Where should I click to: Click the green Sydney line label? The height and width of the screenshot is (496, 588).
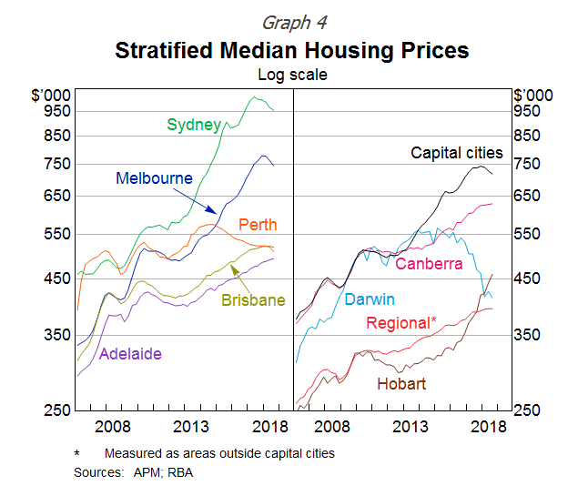tap(194, 125)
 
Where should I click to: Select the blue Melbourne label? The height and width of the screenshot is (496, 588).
tap(154, 178)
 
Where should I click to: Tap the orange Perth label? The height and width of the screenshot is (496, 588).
tap(258, 225)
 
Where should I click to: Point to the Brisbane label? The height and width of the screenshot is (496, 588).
tap(253, 300)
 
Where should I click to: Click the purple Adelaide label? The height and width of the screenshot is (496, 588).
tap(131, 354)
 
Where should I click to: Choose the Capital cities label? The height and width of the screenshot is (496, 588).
tap(457, 153)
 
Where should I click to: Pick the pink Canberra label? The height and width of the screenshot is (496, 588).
tap(429, 264)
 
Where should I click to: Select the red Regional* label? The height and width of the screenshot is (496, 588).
tap(400, 323)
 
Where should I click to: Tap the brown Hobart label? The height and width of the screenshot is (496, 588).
tap(400, 384)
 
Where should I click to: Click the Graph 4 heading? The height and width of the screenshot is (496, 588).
tap(293, 22)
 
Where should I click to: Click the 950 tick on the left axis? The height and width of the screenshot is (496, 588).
tap(56, 110)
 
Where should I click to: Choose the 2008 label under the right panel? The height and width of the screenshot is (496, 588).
tap(332, 427)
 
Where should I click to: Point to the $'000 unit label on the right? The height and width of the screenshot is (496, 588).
tap(532, 95)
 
